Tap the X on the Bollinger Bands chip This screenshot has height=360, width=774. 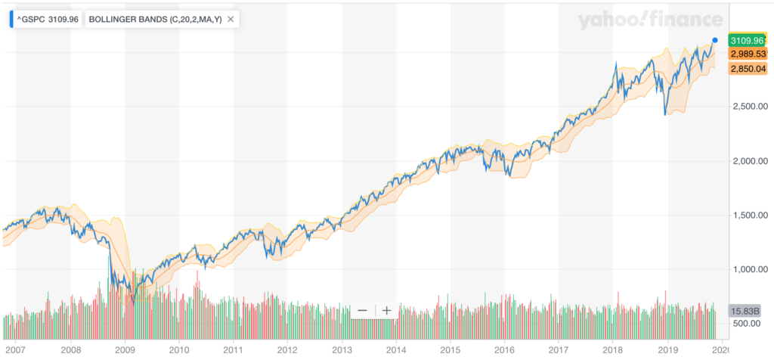231,19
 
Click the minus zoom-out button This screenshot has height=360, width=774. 362,310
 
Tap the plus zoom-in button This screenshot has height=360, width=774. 386,310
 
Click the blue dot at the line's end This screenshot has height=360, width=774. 714,39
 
